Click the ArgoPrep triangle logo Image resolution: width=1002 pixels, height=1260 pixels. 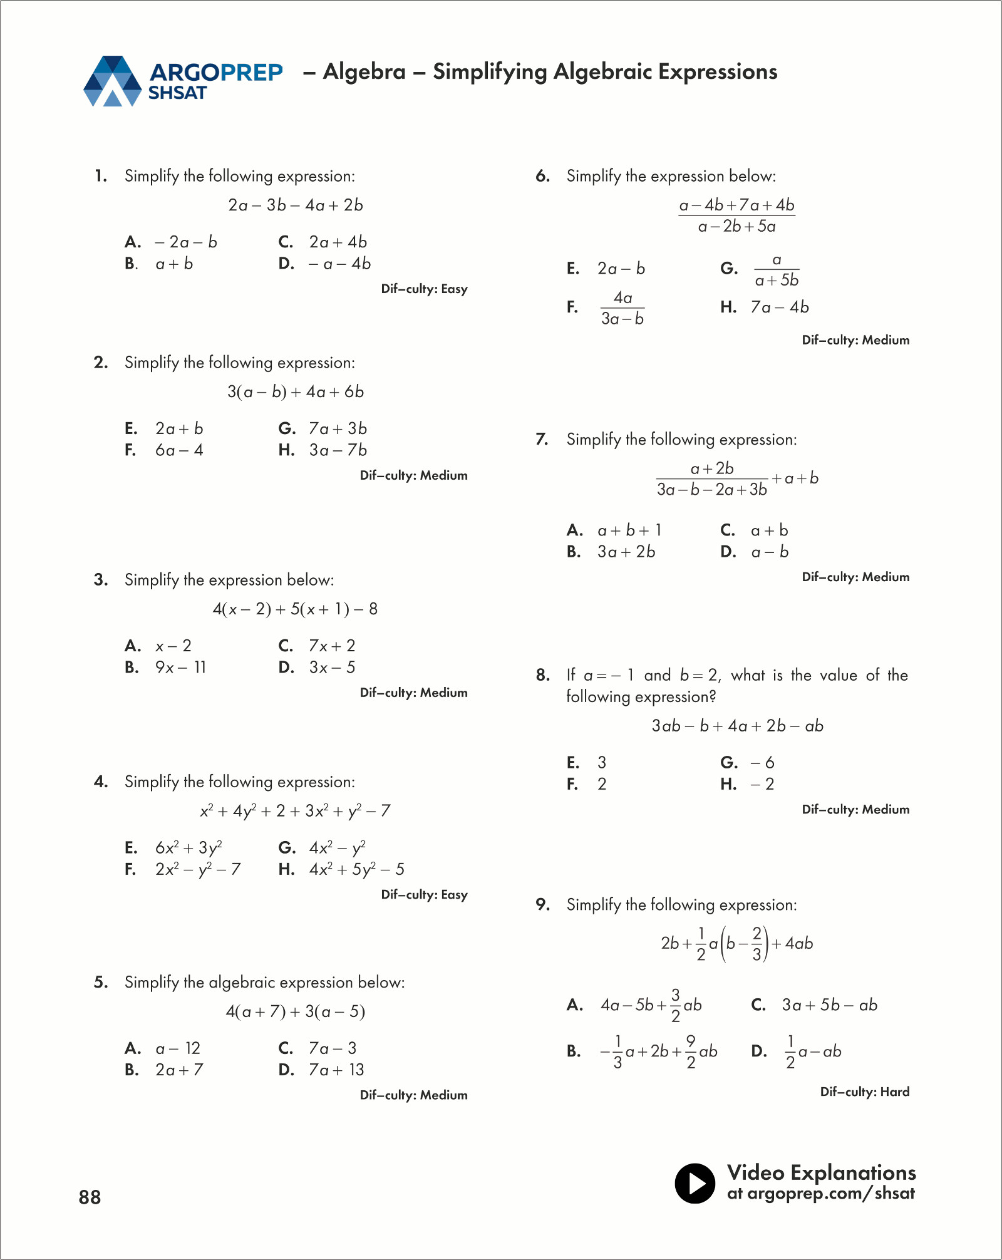pos(113,81)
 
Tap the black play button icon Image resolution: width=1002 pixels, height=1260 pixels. pos(695,1183)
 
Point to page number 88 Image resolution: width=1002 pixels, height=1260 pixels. pos(90,1197)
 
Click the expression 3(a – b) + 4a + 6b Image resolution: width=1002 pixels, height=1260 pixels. pos(296,392)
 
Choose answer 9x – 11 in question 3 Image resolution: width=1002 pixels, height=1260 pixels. pos(180,668)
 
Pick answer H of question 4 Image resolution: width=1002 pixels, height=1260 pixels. pos(356,869)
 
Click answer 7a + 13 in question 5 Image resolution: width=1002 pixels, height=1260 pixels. pos(336,1070)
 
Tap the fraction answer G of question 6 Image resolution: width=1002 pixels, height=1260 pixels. pos(777,270)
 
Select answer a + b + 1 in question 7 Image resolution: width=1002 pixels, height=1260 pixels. pos(629,530)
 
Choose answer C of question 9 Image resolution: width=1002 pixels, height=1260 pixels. pos(829,1005)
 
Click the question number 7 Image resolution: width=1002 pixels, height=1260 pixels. pos(542,439)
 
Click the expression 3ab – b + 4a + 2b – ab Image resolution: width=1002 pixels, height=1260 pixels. pos(737,726)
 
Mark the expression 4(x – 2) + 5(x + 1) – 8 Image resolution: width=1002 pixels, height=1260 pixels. pos(295,609)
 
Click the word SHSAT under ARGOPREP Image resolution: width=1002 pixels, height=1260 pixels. pos(177,93)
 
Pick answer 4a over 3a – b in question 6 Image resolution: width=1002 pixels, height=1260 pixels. pos(622,307)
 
